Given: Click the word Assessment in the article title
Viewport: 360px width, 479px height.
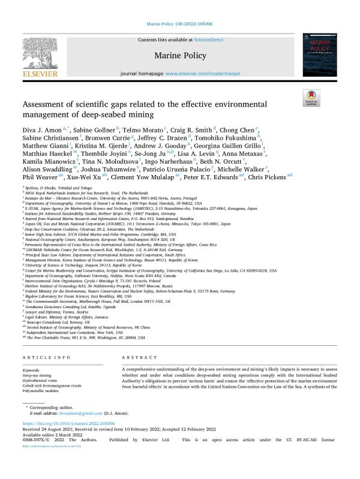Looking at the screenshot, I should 49,102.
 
